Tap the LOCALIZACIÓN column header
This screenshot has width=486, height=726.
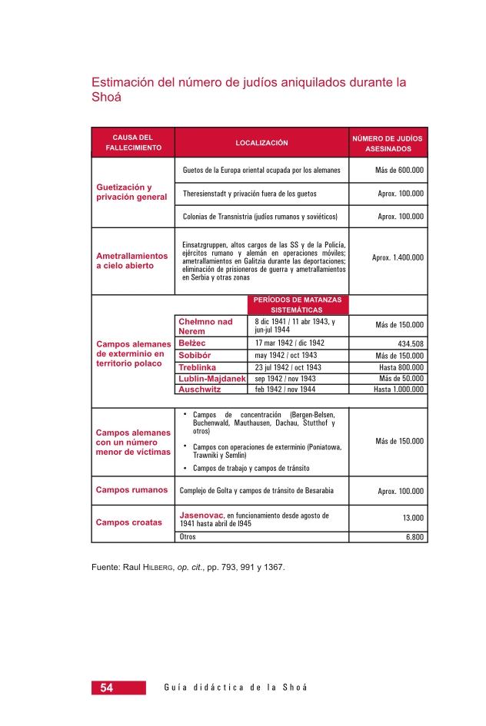261,142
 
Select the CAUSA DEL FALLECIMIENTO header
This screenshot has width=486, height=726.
133,142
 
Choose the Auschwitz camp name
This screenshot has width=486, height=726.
199,390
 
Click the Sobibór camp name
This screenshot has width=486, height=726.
195,356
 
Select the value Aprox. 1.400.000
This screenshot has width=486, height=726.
398,257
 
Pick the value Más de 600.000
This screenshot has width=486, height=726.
399,170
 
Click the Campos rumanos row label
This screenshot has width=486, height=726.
131,490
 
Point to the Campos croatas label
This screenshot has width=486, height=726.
129,522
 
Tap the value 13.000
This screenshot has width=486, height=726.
413,518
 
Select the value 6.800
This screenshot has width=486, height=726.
414,537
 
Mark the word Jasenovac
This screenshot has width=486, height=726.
201,514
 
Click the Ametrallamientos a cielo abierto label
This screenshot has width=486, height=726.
131,260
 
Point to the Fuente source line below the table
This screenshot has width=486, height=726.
188,568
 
